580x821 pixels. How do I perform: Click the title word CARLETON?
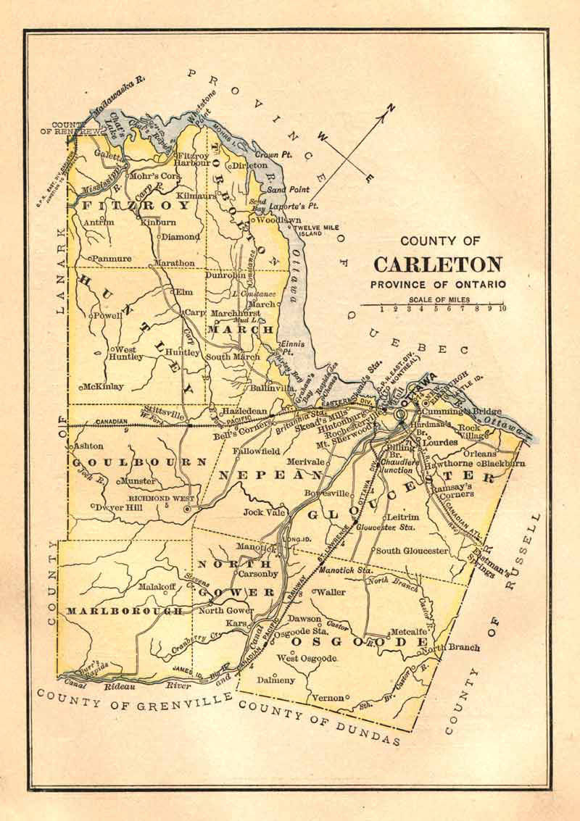tap(438, 264)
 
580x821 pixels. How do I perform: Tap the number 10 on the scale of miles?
tap(502, 309)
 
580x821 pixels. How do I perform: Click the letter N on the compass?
tap(391, 110)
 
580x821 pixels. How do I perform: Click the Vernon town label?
tap(327, 698)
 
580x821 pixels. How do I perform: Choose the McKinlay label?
tap(104, 386)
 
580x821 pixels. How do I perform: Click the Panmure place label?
tap(113, 258)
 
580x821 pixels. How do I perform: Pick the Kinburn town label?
tap(158, 222)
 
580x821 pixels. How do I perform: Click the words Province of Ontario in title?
tap(438, 284)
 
